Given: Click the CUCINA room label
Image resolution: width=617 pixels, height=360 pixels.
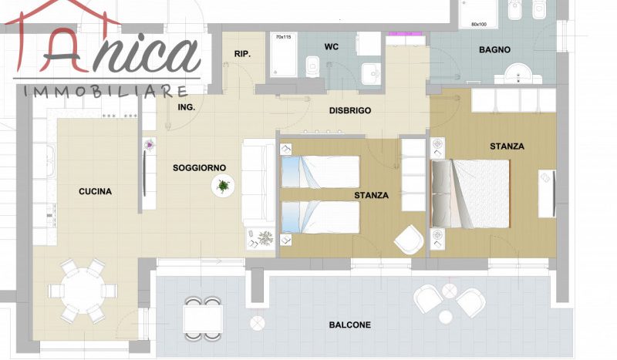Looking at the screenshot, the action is coord(95,192).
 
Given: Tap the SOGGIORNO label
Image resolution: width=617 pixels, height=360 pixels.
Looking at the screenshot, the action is coord(200,168).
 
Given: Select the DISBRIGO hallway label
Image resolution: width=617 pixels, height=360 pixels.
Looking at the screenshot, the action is coord(350,110).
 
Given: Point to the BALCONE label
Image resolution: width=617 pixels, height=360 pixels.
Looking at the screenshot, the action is coord(350,325).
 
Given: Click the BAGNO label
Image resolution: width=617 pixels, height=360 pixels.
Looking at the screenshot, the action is coord(494,50).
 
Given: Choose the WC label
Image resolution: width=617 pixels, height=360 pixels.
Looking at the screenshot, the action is coord(332,47).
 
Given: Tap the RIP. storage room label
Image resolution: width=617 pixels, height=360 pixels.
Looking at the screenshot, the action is coord(242,54).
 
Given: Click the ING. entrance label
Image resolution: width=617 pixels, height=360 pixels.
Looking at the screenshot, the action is coord(186,107).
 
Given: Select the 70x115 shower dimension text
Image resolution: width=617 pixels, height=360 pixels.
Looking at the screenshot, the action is coord(283,37).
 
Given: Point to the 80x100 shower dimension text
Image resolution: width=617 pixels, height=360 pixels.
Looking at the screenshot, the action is coord(479,25).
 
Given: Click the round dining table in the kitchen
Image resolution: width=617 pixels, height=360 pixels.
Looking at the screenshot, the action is coord(83,291).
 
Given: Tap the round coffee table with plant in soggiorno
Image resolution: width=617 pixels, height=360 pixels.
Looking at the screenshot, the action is coord(223,186).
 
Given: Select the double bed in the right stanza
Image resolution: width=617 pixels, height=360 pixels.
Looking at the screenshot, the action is coord(470,193).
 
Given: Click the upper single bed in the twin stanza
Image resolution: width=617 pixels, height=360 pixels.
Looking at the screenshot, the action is coord(320,172).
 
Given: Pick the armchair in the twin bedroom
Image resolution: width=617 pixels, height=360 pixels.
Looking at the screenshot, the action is coord(409,239).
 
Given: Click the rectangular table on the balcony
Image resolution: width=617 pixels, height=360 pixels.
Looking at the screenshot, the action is coord(203,318).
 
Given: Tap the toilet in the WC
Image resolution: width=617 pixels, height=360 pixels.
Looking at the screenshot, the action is coord(313,67).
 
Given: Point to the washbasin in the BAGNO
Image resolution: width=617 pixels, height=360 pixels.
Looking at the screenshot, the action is coord(518,73).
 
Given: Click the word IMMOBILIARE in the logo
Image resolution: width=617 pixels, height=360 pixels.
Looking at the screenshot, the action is coord(106,92).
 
